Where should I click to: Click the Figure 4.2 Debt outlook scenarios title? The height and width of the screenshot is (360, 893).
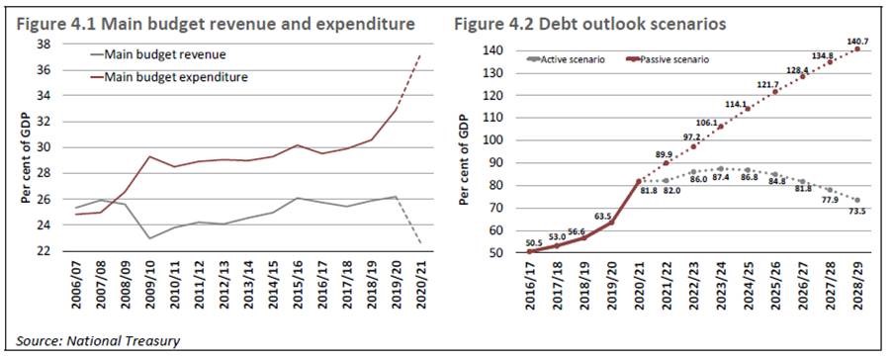click(589, 25)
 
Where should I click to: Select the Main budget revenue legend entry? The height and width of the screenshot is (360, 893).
click(158, 54)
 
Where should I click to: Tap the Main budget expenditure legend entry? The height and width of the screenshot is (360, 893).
click(168, 77)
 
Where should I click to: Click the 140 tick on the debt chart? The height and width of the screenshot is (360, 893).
click(492, 50)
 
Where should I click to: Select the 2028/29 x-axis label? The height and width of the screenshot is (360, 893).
click(856, 286)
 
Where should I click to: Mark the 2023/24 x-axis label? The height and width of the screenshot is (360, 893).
click(719, 286)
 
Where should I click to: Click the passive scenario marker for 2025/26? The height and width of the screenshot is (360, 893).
click(775, 92)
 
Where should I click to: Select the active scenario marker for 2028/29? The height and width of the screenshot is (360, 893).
click(857, 200)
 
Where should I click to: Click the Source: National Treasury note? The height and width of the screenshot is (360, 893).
click(98, 341)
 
